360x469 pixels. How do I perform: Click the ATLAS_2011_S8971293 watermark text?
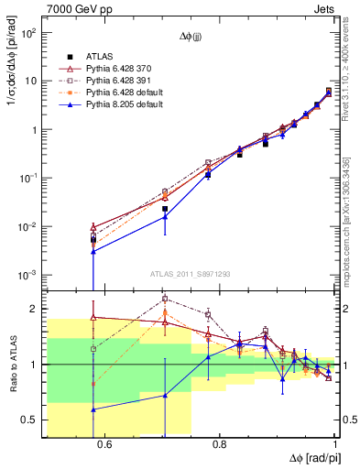tap(191, 273)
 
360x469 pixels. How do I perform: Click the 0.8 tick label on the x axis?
tap(220, 444)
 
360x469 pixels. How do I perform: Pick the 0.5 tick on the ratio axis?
tap(31, 420)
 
